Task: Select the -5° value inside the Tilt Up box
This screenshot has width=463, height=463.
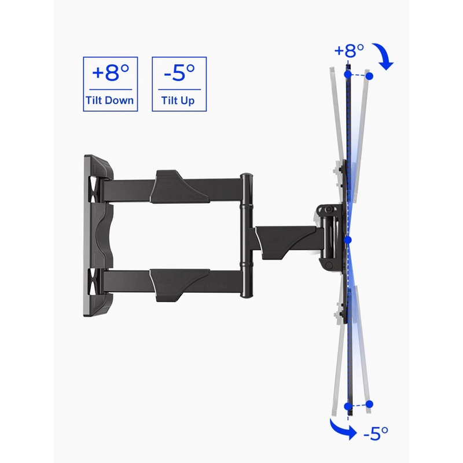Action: click(x=179, y=74)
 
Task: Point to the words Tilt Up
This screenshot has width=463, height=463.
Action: click(x=179, y=100)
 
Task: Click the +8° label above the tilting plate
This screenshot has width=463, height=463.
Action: click(x=348, y=50)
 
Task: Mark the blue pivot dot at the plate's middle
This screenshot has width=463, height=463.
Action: click(x=347, y=238)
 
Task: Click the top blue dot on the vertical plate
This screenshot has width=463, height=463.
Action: click(x=347, y=74)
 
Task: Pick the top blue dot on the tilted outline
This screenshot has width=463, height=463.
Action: click(x=370, y=76)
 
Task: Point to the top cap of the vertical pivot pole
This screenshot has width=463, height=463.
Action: click(x=247, y=176)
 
